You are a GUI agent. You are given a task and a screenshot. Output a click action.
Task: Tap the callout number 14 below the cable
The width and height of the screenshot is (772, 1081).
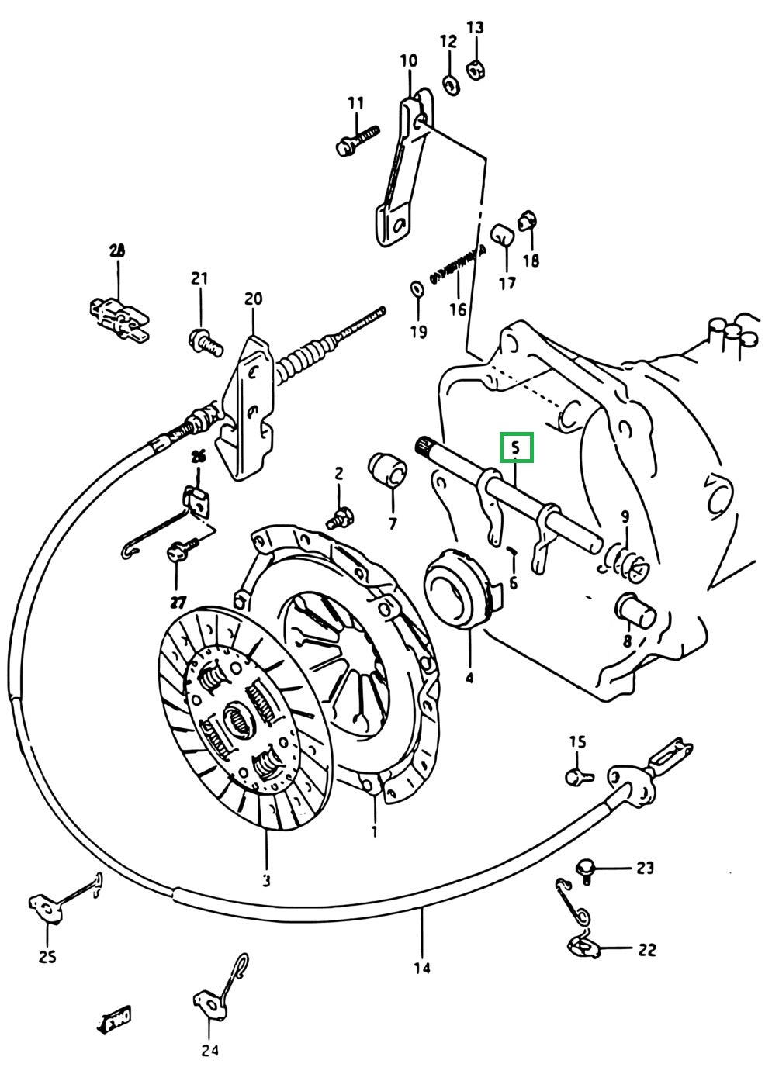point(422,968)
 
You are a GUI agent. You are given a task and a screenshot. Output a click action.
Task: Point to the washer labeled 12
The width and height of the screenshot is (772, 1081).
point(449,82)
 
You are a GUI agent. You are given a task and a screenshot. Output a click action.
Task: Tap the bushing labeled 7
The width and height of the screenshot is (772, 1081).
point(388,469)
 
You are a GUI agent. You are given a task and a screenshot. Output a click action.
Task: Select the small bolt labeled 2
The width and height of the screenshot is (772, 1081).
point(340,517)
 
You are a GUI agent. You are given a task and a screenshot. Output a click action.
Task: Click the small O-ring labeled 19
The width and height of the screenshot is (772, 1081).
point(417,289)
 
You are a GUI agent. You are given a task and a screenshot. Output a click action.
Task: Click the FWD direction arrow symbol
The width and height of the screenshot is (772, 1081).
point(114,1019)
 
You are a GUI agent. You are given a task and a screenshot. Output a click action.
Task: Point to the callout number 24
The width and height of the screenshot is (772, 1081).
point(209,1051)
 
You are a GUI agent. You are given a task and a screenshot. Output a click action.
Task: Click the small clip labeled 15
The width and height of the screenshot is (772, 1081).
point(577,774)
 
